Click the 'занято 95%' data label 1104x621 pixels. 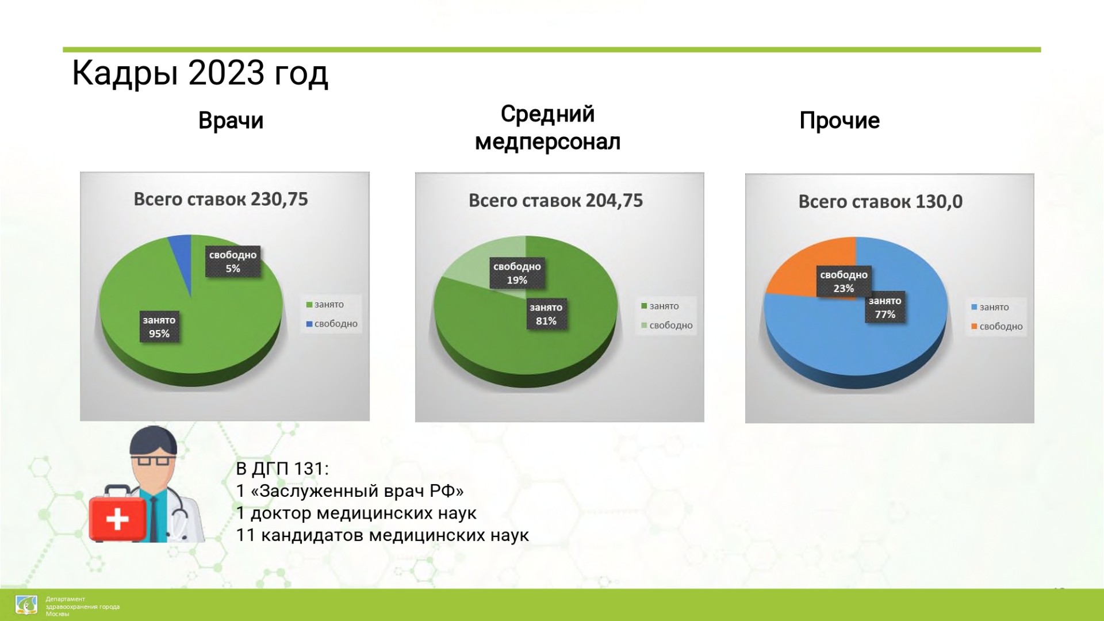(x=159, y=327)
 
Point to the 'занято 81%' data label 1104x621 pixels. (x=546, y=314)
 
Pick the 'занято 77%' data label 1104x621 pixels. (x=885, y=308)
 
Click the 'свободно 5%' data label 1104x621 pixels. (x=233, y=262)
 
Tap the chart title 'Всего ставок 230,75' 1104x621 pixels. (x=221, y=199)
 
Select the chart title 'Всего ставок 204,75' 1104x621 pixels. (x=555, y=200)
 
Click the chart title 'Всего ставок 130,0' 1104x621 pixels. (x=880, y=201)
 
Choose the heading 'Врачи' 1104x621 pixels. (x=231, y=121)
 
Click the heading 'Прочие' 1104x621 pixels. (x=839, y=121)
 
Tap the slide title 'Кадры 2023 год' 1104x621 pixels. (x=200, y=73)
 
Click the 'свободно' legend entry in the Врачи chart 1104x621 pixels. (x=332, y=324)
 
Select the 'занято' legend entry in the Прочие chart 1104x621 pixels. (x=990, y=307)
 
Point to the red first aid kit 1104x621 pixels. (x=117, y=513)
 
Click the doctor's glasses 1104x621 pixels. (x=153, y=461)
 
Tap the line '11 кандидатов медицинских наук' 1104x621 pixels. (x=382, y=535)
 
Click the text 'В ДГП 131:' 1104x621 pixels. (x=282, y=469)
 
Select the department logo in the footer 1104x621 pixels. (x=26, y=605)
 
